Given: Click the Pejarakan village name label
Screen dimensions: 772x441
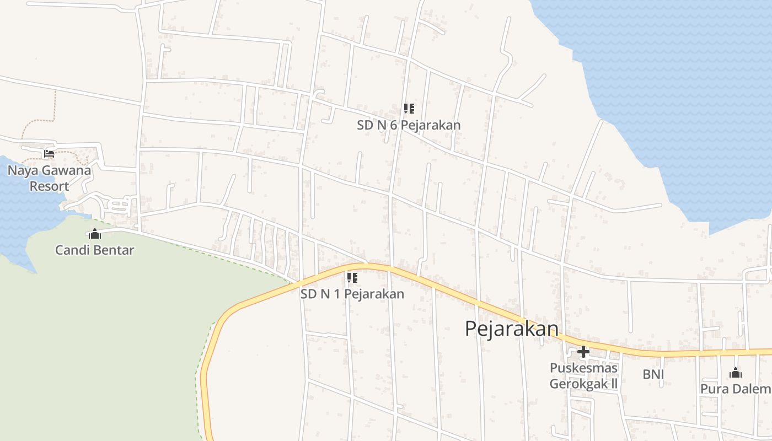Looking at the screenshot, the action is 511,329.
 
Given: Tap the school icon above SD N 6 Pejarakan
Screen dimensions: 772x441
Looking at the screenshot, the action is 409,109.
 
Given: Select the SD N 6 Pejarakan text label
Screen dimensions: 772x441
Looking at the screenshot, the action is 409,125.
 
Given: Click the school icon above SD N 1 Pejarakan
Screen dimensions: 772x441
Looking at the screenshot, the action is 352,277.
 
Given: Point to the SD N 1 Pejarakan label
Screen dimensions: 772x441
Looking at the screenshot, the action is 352,294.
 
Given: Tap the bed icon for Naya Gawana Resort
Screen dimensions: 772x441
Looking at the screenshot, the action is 49,154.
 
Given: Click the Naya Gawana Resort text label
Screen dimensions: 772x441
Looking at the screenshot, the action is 49,178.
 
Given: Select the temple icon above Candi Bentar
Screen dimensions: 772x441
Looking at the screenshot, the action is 95,234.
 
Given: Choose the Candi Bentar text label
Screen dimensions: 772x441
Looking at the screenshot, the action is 95,250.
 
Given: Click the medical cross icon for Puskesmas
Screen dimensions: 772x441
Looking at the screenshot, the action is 583,352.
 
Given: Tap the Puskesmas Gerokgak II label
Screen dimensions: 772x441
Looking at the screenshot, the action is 583,375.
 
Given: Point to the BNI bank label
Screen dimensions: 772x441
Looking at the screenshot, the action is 653,375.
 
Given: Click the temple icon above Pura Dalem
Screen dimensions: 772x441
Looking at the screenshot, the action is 735,373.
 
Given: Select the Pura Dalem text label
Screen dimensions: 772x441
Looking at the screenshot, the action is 735,389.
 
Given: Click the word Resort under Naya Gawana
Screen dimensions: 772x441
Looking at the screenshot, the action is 49,186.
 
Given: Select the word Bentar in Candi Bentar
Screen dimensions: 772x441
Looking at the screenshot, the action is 114,250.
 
